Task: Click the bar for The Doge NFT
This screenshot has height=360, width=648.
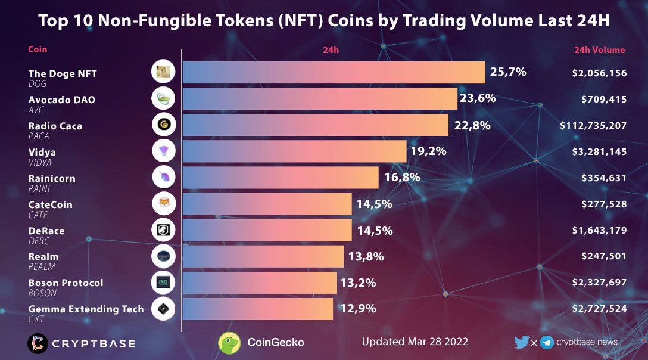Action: pos(334,72)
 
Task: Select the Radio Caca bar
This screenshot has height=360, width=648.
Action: pos(315,125)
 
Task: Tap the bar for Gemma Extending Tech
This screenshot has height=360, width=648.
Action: pos(257,309)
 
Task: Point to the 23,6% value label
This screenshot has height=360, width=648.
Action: pos(477,98)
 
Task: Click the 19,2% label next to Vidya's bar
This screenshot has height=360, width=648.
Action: pos(428,151)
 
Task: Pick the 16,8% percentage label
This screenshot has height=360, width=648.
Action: pos(402,177)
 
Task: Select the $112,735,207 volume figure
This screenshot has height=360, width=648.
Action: pos(593,126)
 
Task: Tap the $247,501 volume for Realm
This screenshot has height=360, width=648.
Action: pos(603,256)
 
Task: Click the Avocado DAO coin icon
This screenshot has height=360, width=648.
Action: pos(163,98)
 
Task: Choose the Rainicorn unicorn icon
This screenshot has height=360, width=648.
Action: pos(163,177)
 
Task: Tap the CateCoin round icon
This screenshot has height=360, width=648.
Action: pos(163,203)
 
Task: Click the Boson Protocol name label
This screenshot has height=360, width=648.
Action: pos(66,283)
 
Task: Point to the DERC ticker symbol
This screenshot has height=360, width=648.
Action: pos(39,241)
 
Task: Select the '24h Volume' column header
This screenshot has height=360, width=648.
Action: pos(599,50)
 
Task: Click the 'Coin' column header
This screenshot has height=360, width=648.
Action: pos(38,49)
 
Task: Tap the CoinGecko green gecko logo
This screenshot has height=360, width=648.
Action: pos(229,343)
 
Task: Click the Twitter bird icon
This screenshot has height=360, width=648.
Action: pos(521,342)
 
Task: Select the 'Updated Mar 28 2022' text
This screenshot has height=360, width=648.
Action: pos(415,342)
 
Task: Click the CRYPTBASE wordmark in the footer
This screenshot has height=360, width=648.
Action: pos(93,343)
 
